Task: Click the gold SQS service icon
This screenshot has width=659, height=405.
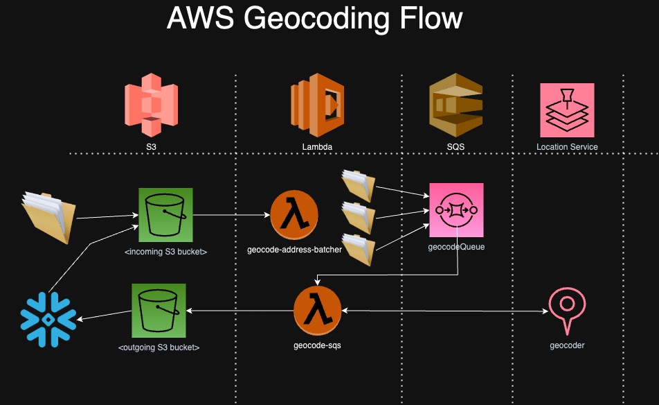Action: click(455, 105)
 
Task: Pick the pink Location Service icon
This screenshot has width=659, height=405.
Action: click(567, 110)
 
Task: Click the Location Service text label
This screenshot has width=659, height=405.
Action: click(567, 147)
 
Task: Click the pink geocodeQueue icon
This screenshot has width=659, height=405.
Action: click(456, 209)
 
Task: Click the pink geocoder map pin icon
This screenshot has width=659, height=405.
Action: click(566, 309)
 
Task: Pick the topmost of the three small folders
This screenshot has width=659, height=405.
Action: click(359, 184)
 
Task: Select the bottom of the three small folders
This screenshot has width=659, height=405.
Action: click(359, 249)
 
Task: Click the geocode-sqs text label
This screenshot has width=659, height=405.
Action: click(317, 345)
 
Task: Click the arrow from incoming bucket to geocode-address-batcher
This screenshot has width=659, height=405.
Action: click(231, 216)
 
